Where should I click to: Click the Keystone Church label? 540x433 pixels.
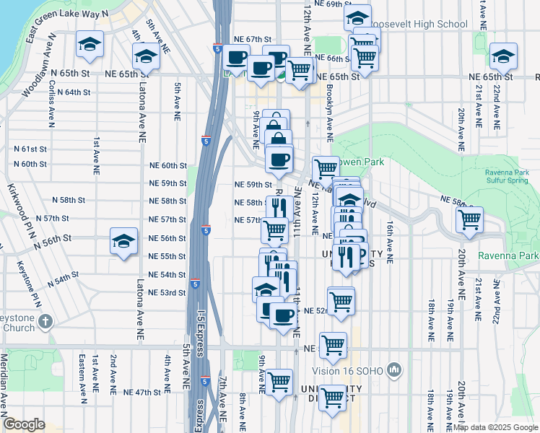click(17, 322)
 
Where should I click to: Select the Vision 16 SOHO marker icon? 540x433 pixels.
click(393, 370)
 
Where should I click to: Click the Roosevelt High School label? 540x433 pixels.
click(426, 24)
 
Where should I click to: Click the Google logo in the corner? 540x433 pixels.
click(25, 424)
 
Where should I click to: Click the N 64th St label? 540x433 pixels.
click(73, 92)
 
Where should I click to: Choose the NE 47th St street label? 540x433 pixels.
click(141, 393)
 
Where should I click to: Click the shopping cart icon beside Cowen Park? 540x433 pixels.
click(326, 168)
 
